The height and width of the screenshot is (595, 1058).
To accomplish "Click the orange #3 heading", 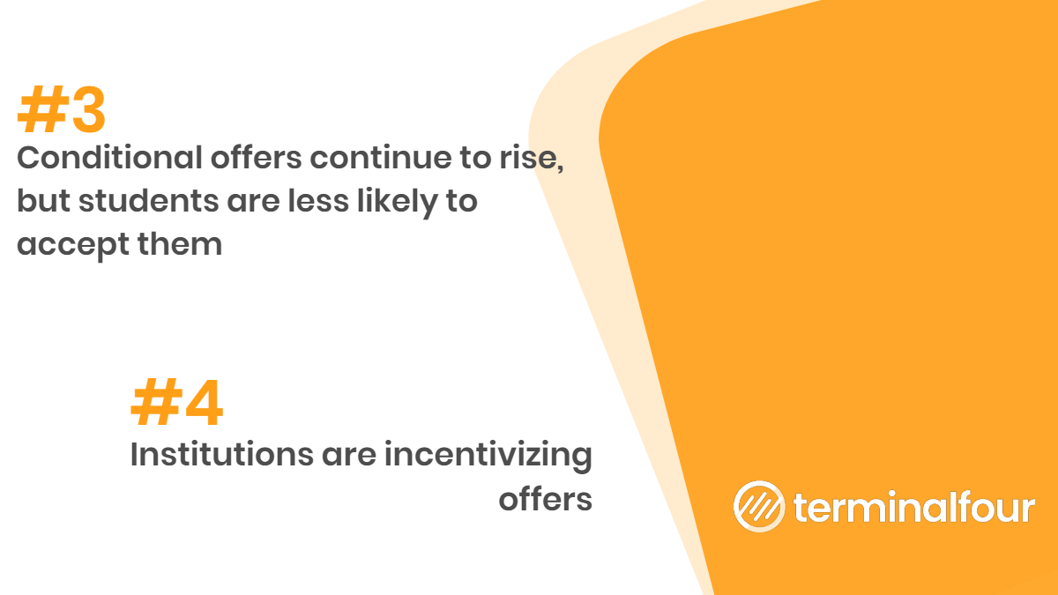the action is click(x=62, y=109).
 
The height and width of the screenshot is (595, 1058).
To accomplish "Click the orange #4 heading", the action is click(x=176, y=402).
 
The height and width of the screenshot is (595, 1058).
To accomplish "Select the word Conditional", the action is click(x=109, y=157).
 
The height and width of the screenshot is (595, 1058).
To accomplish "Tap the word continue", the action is click(x=380, y=157).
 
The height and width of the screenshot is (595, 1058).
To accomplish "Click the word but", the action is click(x=43, y=201).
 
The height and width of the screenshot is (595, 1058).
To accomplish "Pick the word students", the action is click(x=149, y=201).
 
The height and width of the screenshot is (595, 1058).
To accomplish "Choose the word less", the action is click(x=318, y=201).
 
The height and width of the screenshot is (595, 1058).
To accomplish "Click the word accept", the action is click(x=73, y=246).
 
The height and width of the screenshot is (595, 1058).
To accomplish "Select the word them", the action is click(x=180, y=243).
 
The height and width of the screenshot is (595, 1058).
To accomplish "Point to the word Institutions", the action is click(x=222, y=454).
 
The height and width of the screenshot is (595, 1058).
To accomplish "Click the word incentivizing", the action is click(x=488, y=457).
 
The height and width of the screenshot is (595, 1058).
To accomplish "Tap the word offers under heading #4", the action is click(x=546, y=499).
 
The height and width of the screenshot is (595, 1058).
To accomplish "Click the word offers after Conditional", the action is click(x=256, y=157).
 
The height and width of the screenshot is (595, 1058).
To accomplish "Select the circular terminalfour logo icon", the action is click(x=759, y=506).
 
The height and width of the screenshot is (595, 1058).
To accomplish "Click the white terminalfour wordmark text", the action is click(x=914, y=507).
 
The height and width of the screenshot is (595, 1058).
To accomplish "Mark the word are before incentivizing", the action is click(x=349, y=455).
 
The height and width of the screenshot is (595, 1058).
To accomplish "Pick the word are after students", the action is click(x=254, y=202).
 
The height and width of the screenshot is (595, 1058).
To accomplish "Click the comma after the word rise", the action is click(x=560, y=167).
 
